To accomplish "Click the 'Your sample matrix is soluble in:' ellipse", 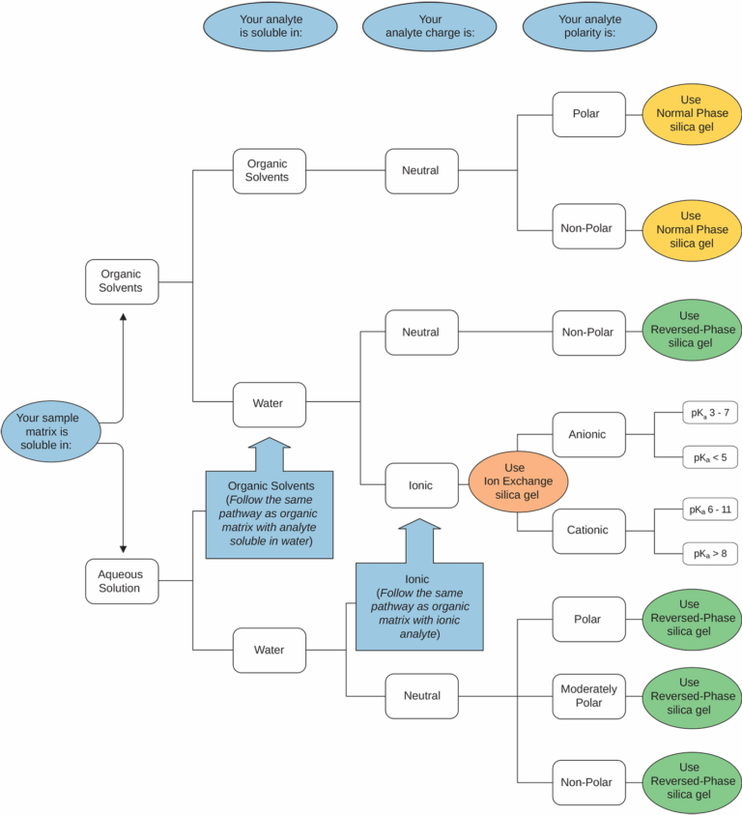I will (51, 431).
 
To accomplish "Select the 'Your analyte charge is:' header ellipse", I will (430, 26).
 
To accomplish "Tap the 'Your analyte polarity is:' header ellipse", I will (590, 26).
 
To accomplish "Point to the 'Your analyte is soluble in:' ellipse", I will (270, 26).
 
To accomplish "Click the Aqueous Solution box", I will (121, 581).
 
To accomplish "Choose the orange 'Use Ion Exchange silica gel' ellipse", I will (519, 480).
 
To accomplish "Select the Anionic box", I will (587, 435).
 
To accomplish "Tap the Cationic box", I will (587, 531).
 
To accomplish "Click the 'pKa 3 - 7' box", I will (709, 414).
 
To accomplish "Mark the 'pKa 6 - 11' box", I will (709, 509).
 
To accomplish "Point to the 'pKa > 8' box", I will (709, 553).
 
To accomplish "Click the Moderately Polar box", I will (588, 696).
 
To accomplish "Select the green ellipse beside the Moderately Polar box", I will (693, 696).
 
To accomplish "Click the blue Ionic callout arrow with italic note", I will (418, 590).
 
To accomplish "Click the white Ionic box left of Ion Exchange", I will (421, 485).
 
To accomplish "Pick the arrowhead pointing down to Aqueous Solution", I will (123, 548).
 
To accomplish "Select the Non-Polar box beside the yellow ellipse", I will (588, 230).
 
